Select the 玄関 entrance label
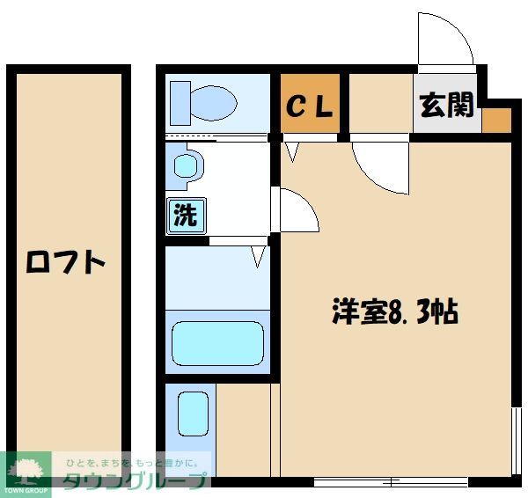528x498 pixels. coord(447,106)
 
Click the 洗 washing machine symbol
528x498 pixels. coord(185,216)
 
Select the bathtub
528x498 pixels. coord(217,343)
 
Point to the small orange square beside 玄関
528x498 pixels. coord(496,120)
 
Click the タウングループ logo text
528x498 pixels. coord(136,480)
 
